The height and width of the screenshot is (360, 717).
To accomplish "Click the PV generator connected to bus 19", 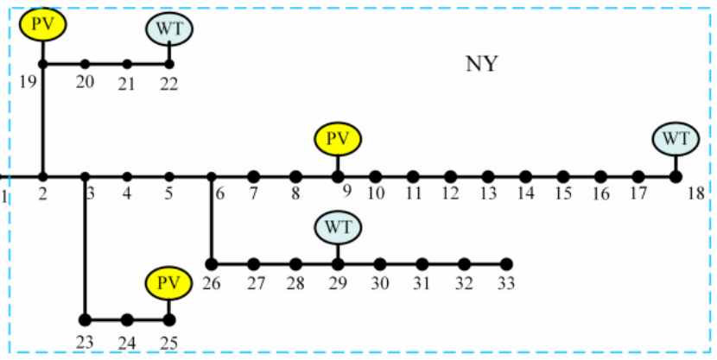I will (42, 24).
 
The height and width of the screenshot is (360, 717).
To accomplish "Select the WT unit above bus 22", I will (169, 28).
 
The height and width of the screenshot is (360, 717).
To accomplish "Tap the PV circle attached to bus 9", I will (338, 139).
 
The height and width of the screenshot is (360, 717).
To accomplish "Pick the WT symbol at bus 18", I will (676, 138).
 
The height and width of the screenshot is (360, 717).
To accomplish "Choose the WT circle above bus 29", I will (338, 229).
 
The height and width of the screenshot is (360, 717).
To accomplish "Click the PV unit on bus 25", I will (169, 282).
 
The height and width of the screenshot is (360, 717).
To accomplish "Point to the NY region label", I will (482, 64).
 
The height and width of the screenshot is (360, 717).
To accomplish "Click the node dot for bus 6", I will (212, 177).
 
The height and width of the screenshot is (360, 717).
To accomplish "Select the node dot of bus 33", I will (507, 263).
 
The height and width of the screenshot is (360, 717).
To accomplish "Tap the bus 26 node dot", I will (212, 263).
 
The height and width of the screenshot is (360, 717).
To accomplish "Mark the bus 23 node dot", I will (85, 319).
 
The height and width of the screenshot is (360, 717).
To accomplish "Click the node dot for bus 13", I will (488, 177).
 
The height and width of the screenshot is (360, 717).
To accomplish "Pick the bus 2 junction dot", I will (42, 177).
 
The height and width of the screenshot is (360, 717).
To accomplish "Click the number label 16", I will (600, 195).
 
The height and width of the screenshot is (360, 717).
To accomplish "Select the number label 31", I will (422, 282).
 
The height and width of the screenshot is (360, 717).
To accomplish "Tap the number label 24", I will (127, 342).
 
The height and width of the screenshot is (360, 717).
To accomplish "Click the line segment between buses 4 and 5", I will (148, 177).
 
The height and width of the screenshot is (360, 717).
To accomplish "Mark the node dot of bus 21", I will (127, 64).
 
